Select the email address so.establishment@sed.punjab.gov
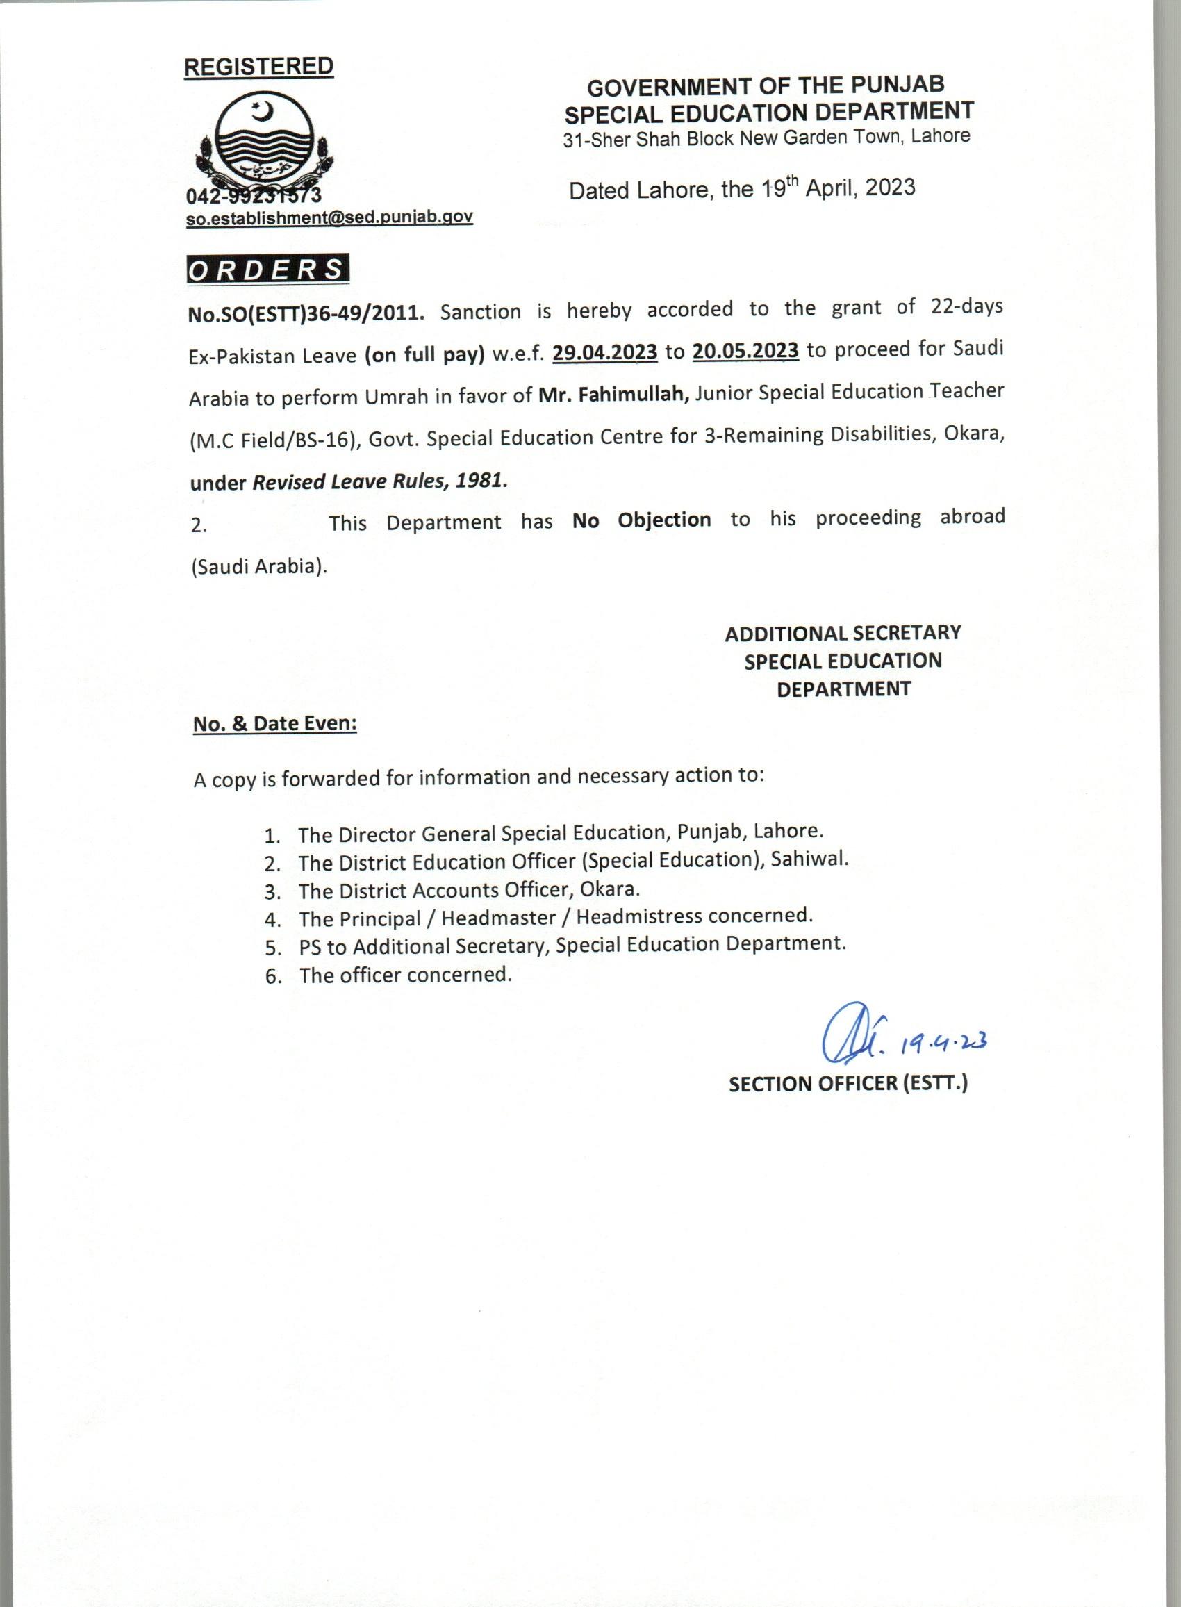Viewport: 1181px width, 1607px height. (329, 218)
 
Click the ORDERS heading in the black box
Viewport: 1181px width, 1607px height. (267, 270)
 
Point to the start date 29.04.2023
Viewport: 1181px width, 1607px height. (605, 352)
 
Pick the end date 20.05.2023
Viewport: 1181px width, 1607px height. (745, 350)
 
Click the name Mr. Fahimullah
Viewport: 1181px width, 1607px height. (613, 395)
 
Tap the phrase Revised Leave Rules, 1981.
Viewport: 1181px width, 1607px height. (379, 481)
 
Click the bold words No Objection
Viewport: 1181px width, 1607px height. (641, 520)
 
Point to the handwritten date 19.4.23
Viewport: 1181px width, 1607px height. (943, 1045)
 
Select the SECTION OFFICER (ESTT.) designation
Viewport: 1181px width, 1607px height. (848, 1083)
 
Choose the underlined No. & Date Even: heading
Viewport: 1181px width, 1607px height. (275, 724)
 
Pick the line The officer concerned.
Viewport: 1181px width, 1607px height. (405, 975)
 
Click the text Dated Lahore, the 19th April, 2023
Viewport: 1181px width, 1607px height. (741, 189)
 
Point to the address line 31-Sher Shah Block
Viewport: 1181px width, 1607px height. (766, 138)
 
